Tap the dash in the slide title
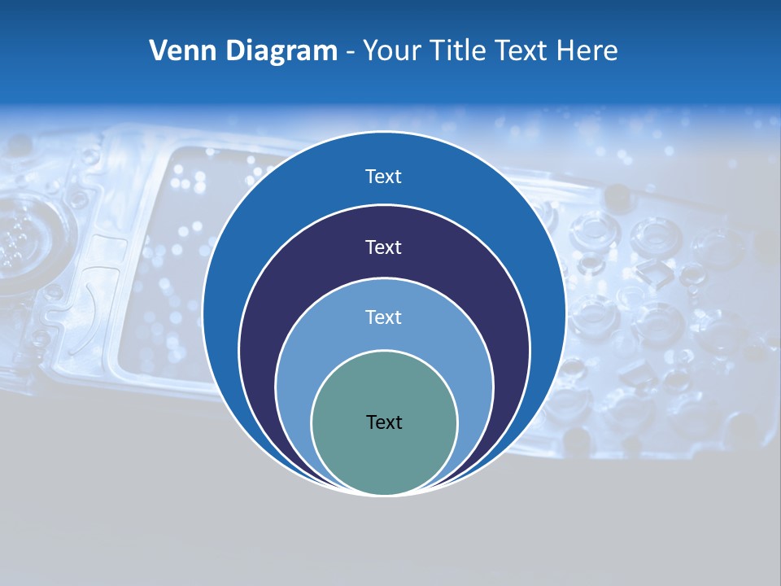[349, 52]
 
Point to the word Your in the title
[389, 51]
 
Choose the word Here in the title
[587, 51]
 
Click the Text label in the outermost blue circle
[384, 177]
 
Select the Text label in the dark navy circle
[384, 247]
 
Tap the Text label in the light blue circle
[384, 317]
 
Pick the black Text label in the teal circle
[384, 422]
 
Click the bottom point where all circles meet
[384, 494]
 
